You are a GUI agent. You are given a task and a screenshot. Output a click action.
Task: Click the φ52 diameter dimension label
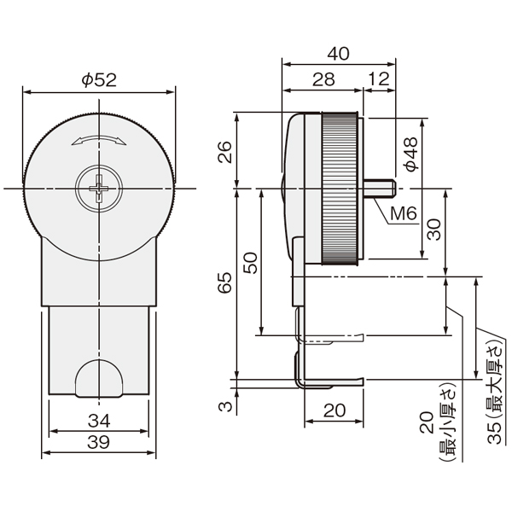[99, 80]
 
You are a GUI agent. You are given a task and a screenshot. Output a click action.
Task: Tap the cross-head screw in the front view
[99, 189]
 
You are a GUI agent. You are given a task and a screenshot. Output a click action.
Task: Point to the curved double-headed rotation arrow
[99, 140]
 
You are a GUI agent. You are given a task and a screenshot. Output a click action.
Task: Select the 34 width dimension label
[99, 421]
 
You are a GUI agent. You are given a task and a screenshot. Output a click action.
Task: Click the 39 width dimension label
[99, 442]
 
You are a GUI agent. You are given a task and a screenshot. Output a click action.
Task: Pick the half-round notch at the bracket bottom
[99, 378]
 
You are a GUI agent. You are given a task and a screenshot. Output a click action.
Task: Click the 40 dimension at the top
[338, 54]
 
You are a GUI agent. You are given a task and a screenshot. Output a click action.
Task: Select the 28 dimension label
[323, 79]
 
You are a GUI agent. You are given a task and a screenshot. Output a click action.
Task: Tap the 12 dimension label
[379, 79]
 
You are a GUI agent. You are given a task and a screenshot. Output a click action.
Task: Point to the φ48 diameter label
[410, 154]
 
